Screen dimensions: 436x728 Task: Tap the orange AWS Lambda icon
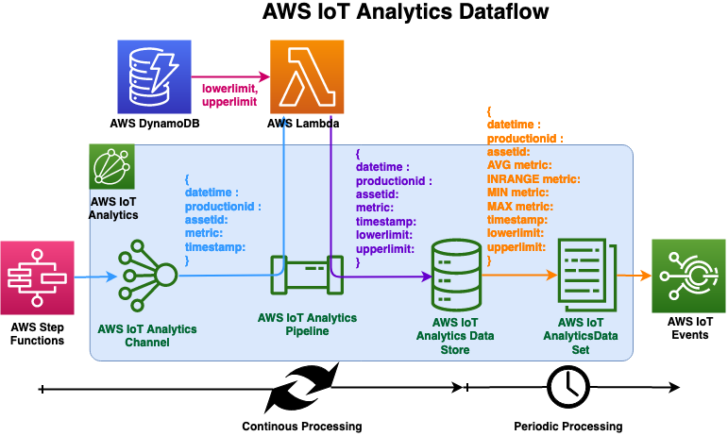pos(305,76)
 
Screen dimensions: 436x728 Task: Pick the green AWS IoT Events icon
pos(688,276)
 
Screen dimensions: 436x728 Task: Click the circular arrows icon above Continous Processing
pos(301,388)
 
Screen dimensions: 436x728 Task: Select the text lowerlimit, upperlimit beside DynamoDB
pos(231,95)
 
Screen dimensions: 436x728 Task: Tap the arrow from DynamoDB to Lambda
pos(229,76)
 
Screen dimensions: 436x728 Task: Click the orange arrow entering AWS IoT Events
pos(636,277)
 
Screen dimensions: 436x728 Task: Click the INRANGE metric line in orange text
pos(533,178)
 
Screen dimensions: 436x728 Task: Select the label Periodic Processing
pos(567,426)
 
